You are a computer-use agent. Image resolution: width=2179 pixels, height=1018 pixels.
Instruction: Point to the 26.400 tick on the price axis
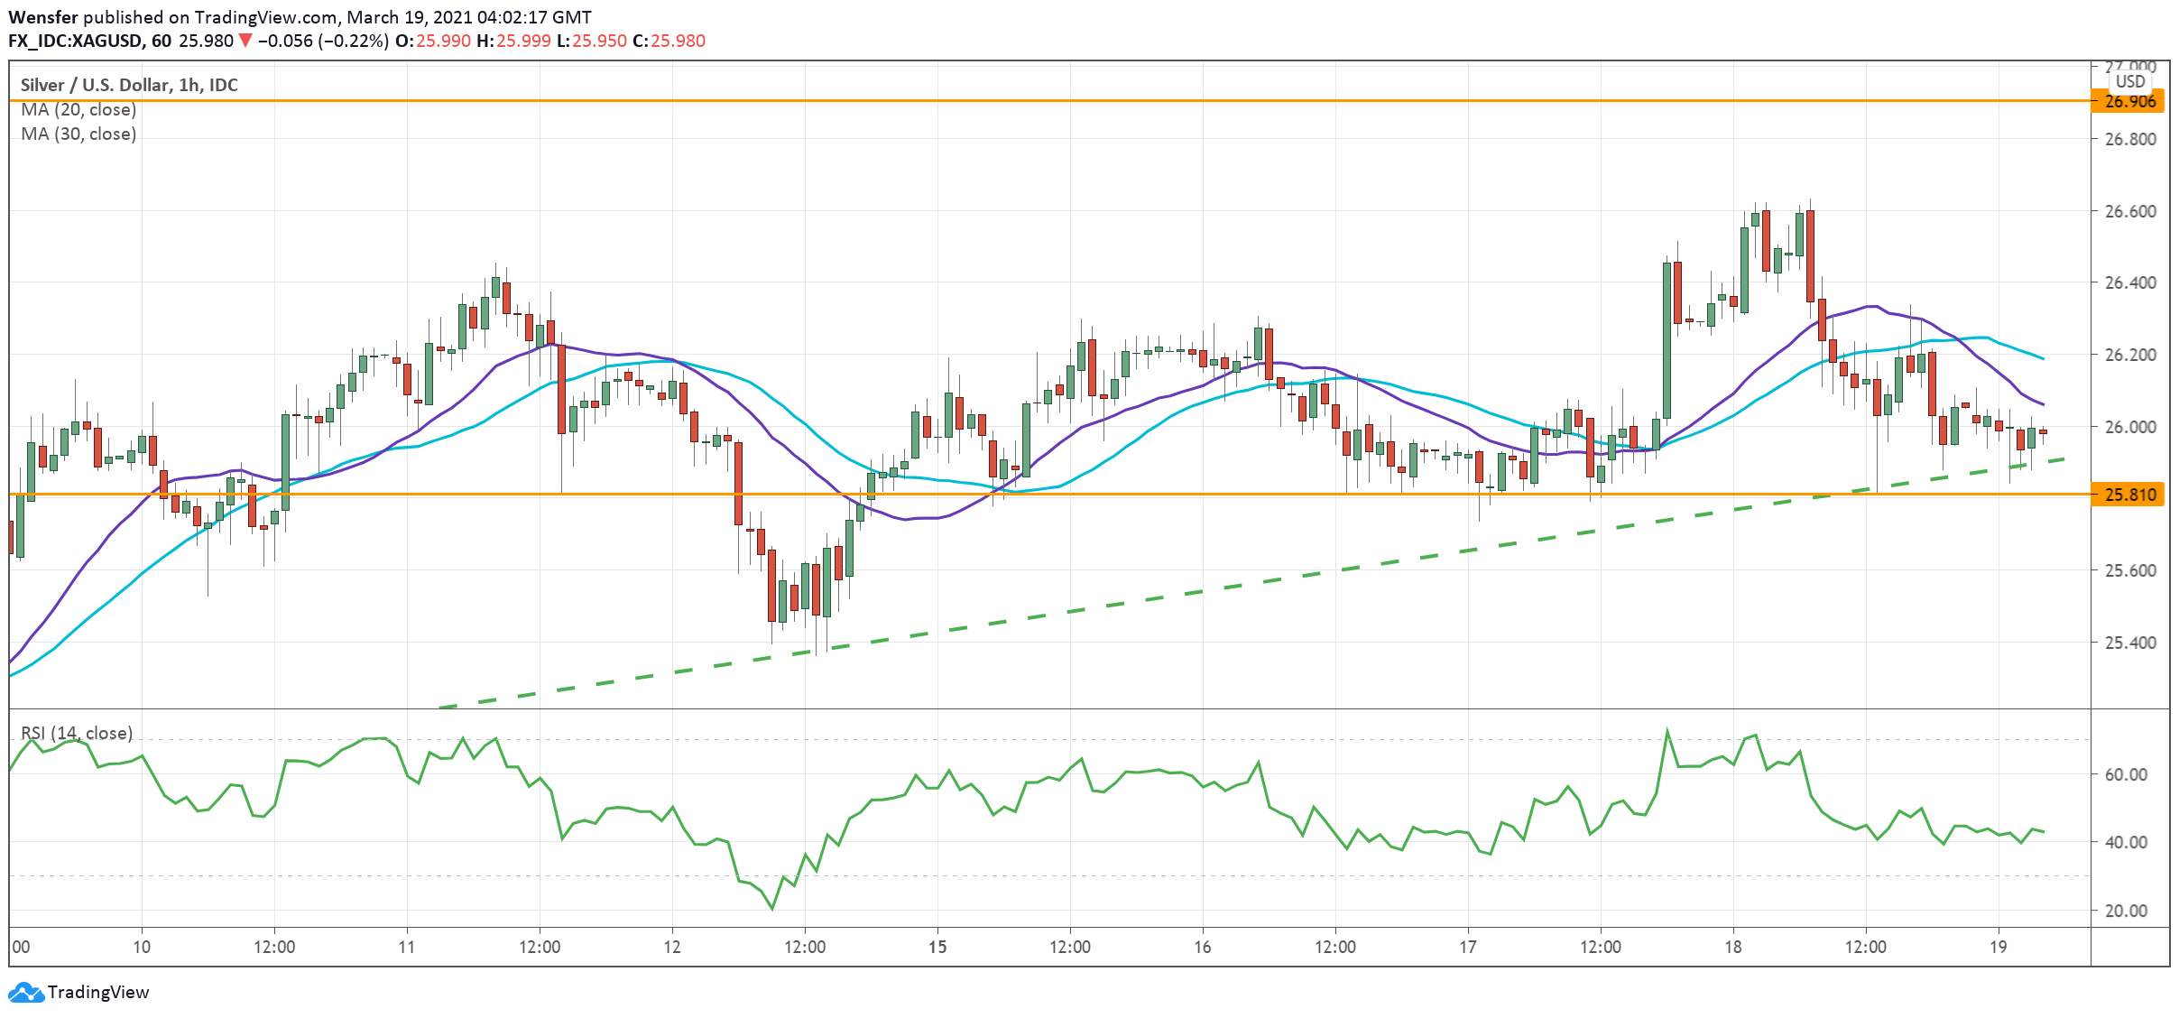(2129, 282)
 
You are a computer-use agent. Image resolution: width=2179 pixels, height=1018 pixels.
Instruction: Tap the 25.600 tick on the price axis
(2129, 570)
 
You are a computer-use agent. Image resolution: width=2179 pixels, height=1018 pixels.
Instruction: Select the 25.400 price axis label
(2129, 643)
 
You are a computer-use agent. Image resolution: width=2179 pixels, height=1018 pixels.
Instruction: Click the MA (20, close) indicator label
(78, 109)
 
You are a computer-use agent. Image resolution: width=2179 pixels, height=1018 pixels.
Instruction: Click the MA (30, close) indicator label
(78, 134)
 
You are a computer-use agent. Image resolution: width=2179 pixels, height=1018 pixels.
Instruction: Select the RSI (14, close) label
(77, 733)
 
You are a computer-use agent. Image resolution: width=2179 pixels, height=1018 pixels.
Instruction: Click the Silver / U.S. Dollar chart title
(129, 85)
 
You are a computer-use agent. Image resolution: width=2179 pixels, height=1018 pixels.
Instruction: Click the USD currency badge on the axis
(2130, 81)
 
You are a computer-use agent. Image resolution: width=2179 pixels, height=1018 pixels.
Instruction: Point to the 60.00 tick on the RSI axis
(2126, 774)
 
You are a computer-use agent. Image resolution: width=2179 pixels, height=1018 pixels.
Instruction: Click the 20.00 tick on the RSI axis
(2126, 911)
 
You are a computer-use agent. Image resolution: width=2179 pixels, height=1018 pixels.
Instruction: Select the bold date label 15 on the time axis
(937, 947)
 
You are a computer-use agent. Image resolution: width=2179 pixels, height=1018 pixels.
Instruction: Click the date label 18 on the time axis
(1732, 947)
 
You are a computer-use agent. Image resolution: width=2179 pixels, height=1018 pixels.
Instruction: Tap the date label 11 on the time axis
(407, 947)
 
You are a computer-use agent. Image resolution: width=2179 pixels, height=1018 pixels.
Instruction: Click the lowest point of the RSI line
(772, 908)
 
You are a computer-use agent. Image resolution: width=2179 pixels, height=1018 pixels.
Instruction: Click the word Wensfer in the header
(42, 17)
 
